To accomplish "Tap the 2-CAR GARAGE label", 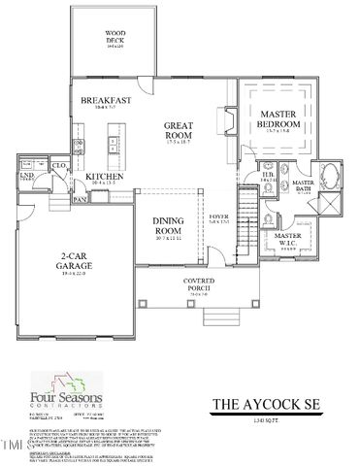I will click(x=78, y=261).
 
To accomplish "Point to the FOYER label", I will click(x=220, y=218).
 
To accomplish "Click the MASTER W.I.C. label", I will click(x=288, y=239).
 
